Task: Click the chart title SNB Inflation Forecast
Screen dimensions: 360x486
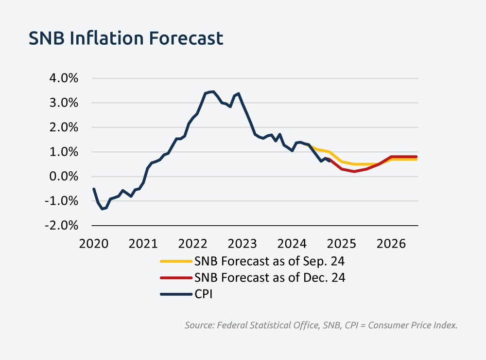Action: click(126, 38)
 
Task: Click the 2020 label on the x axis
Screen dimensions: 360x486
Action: click(93, 242)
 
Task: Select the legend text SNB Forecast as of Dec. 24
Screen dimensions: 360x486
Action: click(270, 278)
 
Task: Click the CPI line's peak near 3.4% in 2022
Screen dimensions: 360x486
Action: click(212, 91)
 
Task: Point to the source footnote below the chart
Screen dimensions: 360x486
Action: click(321, 325)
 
